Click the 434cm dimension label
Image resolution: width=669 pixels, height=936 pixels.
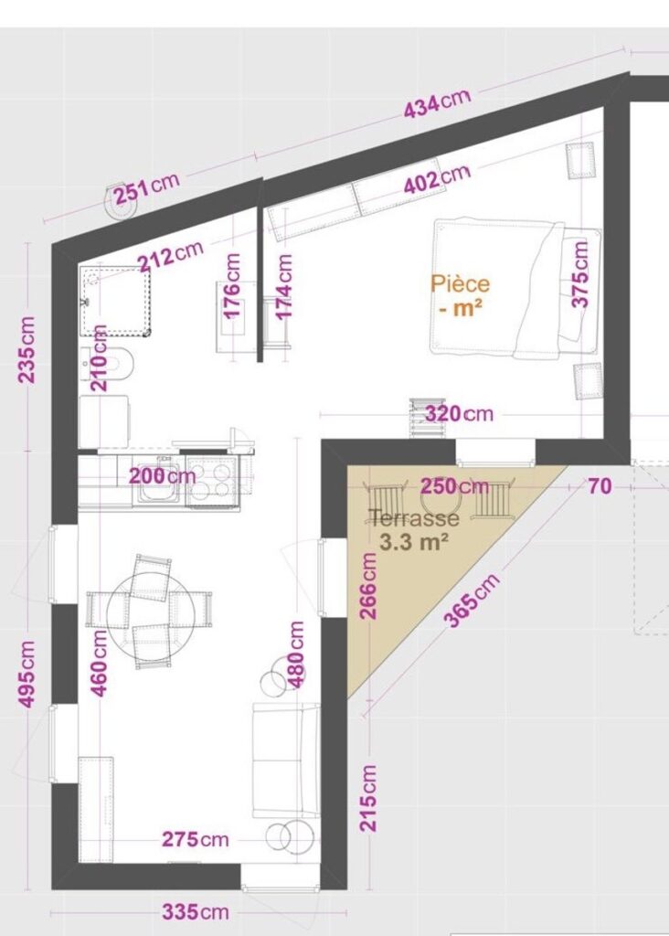(x=438, y=103)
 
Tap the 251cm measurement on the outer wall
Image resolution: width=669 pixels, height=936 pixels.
(x=147, y=188)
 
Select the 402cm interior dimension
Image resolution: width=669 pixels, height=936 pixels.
(x=438, y=178)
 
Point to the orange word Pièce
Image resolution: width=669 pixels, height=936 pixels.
(x=460, y=283)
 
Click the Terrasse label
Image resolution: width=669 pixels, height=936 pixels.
(x=414, y=517)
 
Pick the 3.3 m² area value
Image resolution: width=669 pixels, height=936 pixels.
(x=415, y=542)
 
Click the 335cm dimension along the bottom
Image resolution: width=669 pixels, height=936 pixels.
(x=196, y=912)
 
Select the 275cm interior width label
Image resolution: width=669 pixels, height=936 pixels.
(x=196, y=839)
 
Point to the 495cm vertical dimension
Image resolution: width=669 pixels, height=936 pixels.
(x=27, y=674)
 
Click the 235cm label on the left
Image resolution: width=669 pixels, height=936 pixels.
(x=27, y=350)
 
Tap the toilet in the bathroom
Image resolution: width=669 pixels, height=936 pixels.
(x=107, y=363)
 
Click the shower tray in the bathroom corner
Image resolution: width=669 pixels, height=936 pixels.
(x=114, y=301)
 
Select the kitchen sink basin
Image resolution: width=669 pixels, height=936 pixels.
(x=158, y=482)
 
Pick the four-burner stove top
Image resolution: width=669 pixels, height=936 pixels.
(x=212, y=480)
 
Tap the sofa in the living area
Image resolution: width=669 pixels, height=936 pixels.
(x=286, y=760)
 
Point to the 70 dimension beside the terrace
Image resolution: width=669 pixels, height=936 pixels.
(x=600, y=486)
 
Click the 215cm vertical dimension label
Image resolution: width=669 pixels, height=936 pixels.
(x=369, y=797)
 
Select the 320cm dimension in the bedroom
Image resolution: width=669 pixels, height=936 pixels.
(x=460, y=414)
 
